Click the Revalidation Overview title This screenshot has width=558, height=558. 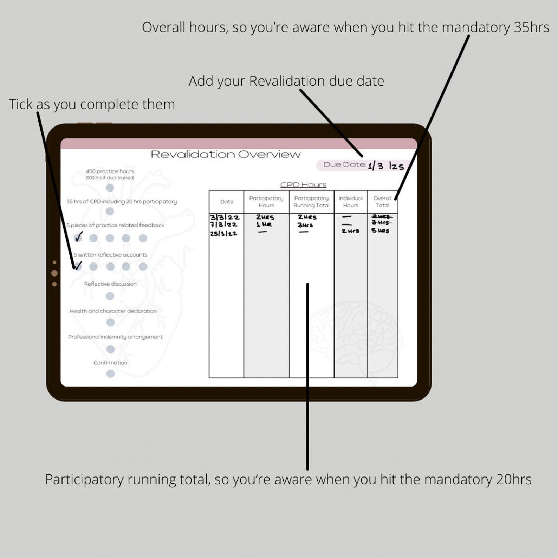[226, 155]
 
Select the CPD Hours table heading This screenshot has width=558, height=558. [303, 185]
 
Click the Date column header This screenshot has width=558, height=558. [227, 202]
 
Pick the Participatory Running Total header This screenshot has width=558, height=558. [311, 202]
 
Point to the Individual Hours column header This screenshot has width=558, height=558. [350, 202]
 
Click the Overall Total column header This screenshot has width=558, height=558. [382, 202]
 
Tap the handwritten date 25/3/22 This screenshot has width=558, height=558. [223, 234]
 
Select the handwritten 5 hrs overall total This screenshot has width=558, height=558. [380, 231]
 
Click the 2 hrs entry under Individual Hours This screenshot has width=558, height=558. [350, 231]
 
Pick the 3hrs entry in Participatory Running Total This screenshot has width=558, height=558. [305, 225]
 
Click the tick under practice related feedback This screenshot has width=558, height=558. [78, 237]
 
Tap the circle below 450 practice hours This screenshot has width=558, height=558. [110, 188]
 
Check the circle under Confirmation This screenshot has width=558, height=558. [110, 374]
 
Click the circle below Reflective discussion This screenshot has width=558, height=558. [110, 296]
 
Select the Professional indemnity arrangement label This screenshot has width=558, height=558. [115, 337]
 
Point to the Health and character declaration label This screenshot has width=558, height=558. [113, 311]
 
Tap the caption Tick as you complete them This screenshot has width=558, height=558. [92, 104]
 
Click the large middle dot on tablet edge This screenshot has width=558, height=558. [54, 273]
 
